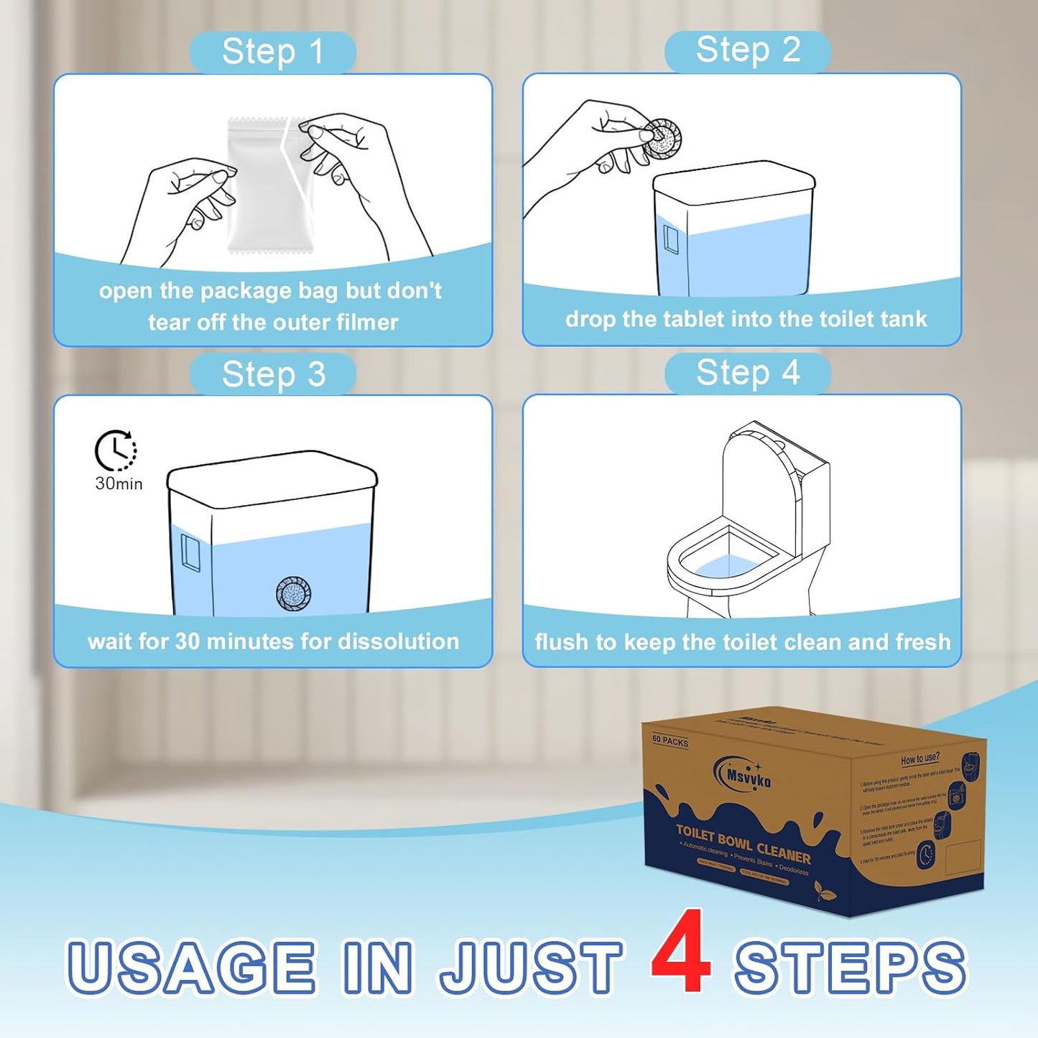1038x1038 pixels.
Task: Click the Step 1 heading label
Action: coord(273,52)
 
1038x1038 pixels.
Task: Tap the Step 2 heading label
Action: coord(748,50)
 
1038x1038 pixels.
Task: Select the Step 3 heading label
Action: coord(273,374)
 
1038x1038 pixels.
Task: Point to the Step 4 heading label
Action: coord(748,373)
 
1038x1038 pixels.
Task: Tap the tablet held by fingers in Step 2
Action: coord(661,139)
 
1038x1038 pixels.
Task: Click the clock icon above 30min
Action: coord(116,450)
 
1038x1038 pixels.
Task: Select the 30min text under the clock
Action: coord(119,484)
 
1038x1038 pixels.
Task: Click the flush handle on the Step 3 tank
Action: coord(190,552)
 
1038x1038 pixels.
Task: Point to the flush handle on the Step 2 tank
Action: coord(671,239)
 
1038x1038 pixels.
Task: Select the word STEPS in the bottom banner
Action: coord(850,967)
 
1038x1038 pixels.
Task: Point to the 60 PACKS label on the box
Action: coord(669,741)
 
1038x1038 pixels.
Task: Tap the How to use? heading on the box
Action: coord(919,759)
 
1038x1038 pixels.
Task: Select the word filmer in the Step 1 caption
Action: coord(366,323)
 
